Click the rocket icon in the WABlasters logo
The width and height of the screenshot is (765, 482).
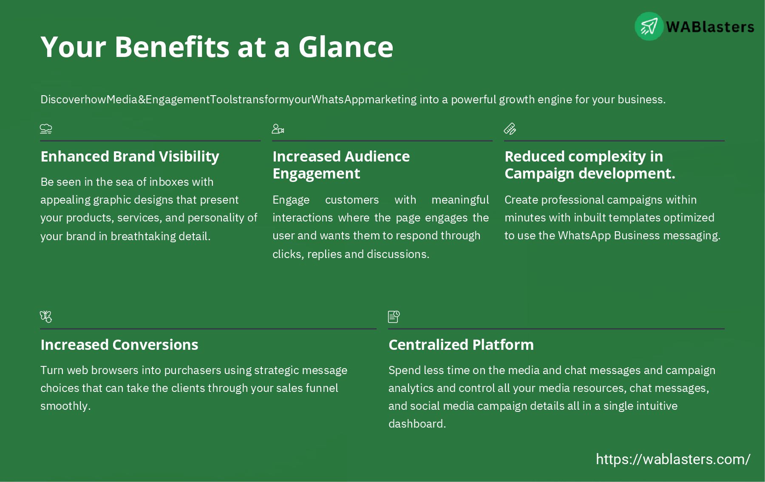(649, 26)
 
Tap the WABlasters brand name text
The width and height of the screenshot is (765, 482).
(710, 27)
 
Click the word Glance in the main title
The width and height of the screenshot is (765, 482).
(346, 47)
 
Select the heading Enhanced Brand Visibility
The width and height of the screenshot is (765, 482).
(130, 156)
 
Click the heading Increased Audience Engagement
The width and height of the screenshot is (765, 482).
(341, 165)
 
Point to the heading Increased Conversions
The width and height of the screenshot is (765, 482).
(119, 345)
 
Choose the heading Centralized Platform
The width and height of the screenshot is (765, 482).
(461, 345)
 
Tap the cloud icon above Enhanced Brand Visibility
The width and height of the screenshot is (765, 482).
(46, 128)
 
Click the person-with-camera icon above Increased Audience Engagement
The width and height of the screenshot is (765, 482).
(278, 128)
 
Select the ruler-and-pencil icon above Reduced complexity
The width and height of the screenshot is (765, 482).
(510, 128)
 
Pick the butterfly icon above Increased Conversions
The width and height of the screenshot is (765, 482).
(46, 317)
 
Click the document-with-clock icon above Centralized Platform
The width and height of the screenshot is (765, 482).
(394, 317)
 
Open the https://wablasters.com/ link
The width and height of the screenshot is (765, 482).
(673, 459)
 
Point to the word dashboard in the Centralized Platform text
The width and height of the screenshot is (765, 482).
(416, 424)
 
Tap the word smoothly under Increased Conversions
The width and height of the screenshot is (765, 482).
(65, 406)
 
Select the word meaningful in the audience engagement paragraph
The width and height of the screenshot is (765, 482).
(460, 200)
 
